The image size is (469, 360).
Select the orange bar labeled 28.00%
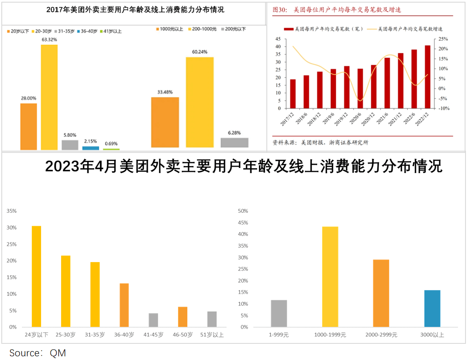click(28, 126)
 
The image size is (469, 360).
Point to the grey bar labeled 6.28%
click(234, 142)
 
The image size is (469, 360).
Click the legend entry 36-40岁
click(88, 31)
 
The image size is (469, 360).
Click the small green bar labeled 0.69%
click(111, 149)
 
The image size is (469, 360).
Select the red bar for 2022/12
click(428, 77)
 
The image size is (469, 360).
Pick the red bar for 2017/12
click(293, 93)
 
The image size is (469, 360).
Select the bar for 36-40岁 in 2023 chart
click(124, 305)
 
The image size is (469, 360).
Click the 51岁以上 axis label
click(212, 335)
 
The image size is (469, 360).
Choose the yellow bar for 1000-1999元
click(330, 277)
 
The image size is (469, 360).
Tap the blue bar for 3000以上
click(432, 308)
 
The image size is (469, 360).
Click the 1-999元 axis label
click(279, 335)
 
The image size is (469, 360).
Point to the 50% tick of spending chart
click(242, 211)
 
